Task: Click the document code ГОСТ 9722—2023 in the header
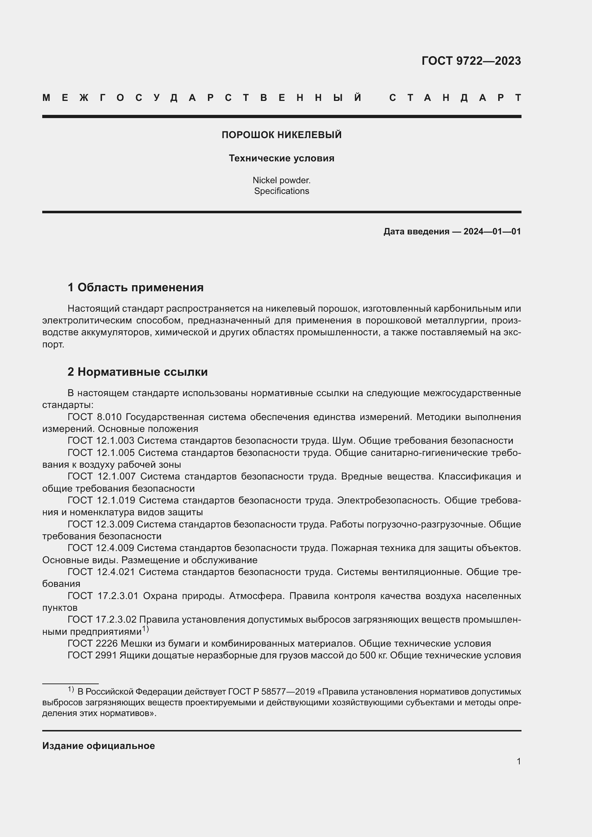471,61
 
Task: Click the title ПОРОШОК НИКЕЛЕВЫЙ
281,135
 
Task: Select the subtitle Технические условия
281,158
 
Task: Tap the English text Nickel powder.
281,180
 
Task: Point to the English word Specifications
281,191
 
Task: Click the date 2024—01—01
492,232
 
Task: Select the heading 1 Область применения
136,288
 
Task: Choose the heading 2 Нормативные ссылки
137,372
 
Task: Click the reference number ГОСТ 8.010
94,417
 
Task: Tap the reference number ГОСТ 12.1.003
101,441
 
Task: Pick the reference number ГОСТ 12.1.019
101,501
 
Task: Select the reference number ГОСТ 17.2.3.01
103,596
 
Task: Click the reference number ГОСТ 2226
93,643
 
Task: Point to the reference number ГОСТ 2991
92,656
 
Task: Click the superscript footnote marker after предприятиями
145,629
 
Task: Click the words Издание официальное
98,746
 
